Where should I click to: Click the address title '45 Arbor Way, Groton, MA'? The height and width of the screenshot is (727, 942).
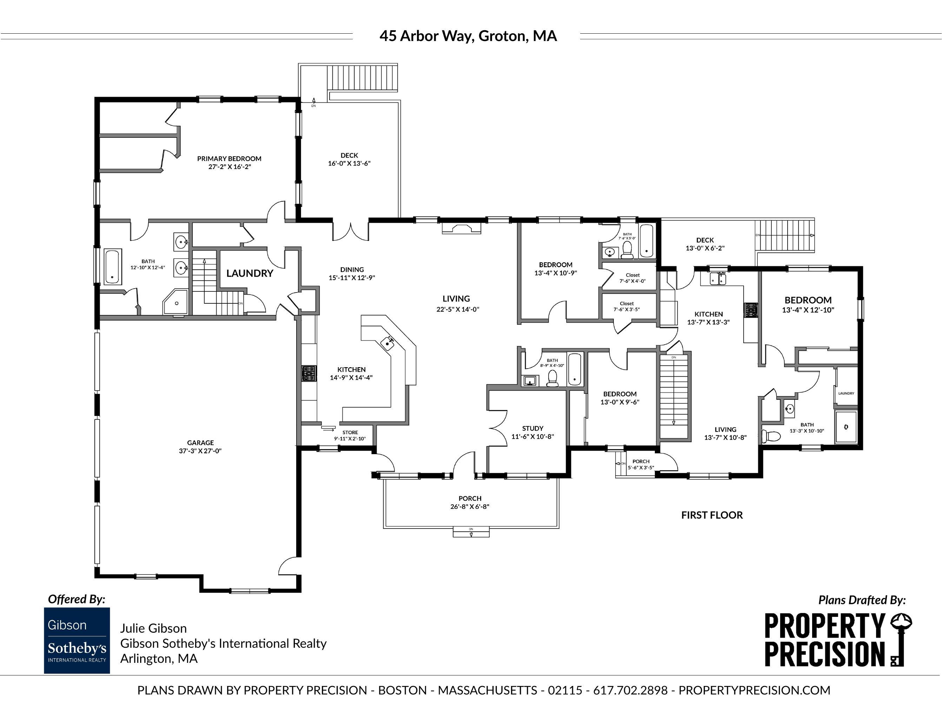468,36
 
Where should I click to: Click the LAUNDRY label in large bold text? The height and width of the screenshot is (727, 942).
250,273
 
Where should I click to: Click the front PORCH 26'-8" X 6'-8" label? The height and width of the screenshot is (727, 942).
470,503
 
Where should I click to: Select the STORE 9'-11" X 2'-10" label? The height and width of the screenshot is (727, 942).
350,435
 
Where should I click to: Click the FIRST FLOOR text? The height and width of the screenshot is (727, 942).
712,515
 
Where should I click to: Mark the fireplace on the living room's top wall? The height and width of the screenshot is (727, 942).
462,228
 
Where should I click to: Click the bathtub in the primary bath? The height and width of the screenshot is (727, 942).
112,267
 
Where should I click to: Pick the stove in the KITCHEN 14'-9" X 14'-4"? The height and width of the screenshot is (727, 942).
309,373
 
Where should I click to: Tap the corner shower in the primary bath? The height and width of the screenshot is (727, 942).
175,302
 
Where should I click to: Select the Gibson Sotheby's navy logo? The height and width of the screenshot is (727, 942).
77,640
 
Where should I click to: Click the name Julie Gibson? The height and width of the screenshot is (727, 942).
154,628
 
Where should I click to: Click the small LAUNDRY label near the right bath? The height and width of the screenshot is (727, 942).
846,393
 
